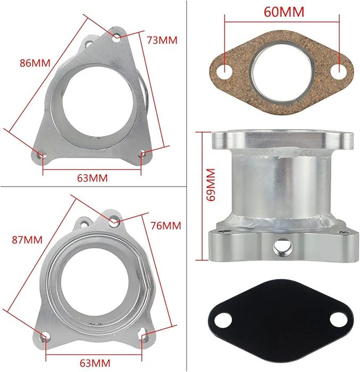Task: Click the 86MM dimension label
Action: click(x=35, y=63)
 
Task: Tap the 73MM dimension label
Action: click(x=162, y=40)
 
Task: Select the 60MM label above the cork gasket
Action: click(x=284, y=12)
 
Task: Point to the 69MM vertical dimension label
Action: click(x=211, y=184)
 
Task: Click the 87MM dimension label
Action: click(x=27, y=240)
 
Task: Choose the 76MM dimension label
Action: click(x=166, y=225)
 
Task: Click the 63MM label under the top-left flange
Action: click(x=93, y=178)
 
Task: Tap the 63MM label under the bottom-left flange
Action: click(x=95, y=363)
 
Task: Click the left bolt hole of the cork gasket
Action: click(x=224, y=71)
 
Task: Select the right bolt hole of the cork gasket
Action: click(x=339, y=71)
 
